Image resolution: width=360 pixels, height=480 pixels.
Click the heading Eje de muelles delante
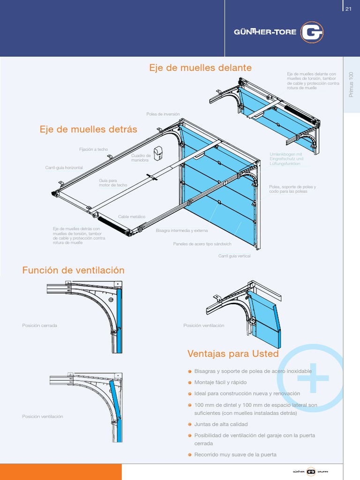pyautogui.click(x=200, y=68)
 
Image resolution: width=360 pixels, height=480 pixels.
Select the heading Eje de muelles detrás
pyautogui.click(x=88, y=129)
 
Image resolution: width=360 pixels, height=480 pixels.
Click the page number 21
pyautogui.click(x=348, y=9)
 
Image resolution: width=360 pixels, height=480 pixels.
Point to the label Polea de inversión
pyautogui.click(x=163, y=114)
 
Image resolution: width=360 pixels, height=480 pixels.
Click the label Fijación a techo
pyautogui.click(x=93, y=150)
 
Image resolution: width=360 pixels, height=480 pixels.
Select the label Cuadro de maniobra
pyautogui.click(x=141, y=158)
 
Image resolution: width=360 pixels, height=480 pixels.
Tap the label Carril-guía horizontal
pyautogui.click(x=64, y=168)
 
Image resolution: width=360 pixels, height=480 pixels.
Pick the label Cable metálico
pyautogui.click(x=132, y=217)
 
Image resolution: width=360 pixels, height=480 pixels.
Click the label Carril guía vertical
pyautogui.click(x=234, y=256)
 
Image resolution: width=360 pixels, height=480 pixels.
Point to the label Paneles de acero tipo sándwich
pyautogui.click(x=202, y=244)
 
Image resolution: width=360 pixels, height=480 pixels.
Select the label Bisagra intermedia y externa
pyautogui.click(x=181, y=231)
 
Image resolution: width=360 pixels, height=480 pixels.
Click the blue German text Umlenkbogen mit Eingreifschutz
pyautogui.click(x=286, y=159)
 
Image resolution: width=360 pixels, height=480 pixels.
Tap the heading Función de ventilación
pyautogui.click(x=74, y=270)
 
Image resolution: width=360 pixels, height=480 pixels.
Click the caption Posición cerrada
pyautogui.click(x=39, y=325)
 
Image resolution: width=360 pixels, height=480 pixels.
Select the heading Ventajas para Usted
pyautogui.click(x=233, y=353)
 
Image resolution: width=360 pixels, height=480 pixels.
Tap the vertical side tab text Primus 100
pyautogui.click(x=351, y=84)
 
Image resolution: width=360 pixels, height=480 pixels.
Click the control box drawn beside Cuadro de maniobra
pyautogui.click(x=158, y=152)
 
